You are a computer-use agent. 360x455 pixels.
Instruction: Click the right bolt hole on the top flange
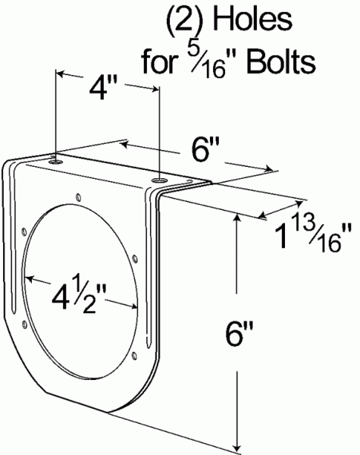point(158,180)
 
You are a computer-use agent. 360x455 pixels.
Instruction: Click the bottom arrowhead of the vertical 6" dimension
point(240,444)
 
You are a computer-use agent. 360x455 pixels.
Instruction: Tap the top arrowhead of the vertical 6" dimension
point(240,218)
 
